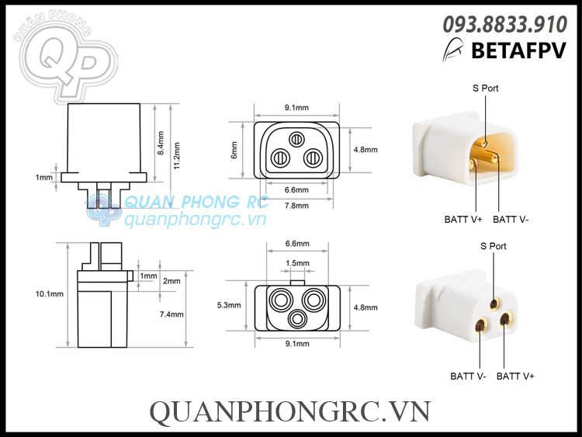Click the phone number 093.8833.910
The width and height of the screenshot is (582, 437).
[504, 25]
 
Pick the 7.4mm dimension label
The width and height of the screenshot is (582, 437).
[172, 314]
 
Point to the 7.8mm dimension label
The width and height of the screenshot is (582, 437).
[297, 206]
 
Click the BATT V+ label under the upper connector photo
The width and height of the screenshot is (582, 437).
[463, 220]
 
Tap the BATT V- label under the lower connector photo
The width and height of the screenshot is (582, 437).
[469, 376]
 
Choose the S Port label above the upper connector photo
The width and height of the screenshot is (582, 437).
[485, 88]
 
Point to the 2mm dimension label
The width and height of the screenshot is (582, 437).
[172, 281]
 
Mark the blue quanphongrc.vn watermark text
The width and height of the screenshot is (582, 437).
[196, 220]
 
